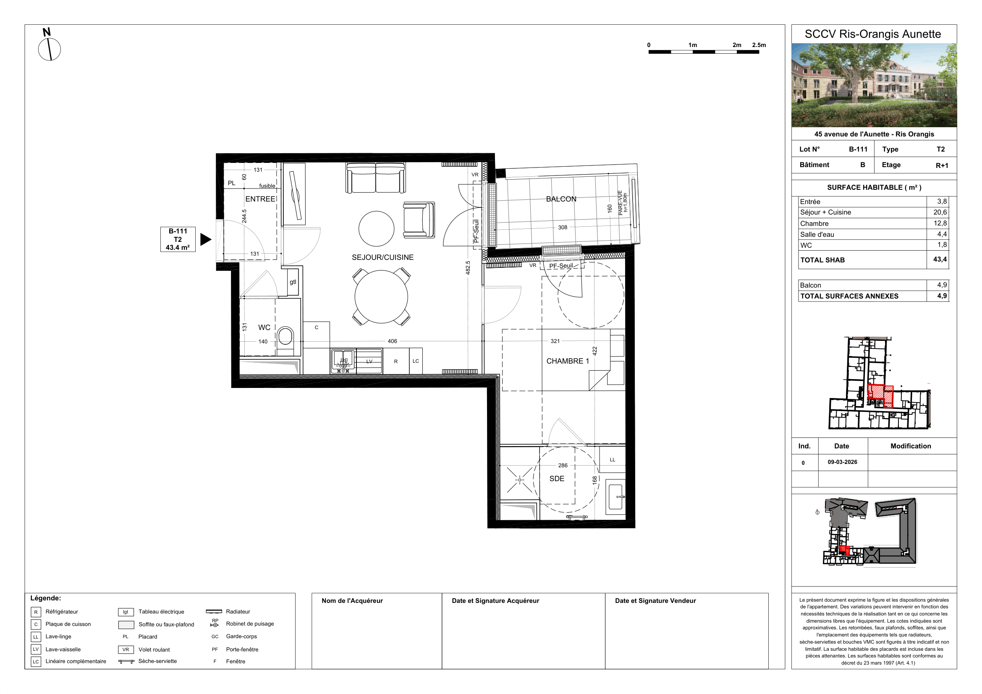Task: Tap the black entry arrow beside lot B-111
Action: pyautogui.click(x=206, y=239)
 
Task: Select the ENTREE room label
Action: pyautogui.click(x=260, y=199)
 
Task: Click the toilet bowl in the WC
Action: pyautogui.click(x=285, y=337)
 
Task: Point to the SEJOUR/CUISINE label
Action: pyautogui.click(x=383, y=257)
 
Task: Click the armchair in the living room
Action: pyautogui.click(x=419, y=220)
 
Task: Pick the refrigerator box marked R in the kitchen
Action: pyautogui.click(x=396, y=361)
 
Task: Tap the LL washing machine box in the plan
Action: pyautogui.click(x=613, y=460)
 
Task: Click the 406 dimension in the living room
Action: pyautogui.click(x=392, y=341)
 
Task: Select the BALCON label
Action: pyautogui.click(x=561, y=199)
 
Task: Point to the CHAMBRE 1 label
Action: pyautogui.click(x=568, y=361)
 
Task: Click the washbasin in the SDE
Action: pyautogui.click(x=615, y=497)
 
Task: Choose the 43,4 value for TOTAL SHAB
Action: pyautogui.click(x=940, y=259)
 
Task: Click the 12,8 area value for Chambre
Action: pyautogui.click(x=940, y=223)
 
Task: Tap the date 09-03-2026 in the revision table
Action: pyautogui.click(x=843, y=462)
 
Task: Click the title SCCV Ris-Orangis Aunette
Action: pyautogui.click(x=873, y=34)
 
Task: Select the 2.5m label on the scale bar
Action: pyautogui.click(x=759, y=45)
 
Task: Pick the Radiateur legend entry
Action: pyautogui.click(x=238, y=611)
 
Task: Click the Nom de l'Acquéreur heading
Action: pyautogui.click(x=352, y=601)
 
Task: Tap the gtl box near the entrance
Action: pyautogui.click(x=293, y=282)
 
